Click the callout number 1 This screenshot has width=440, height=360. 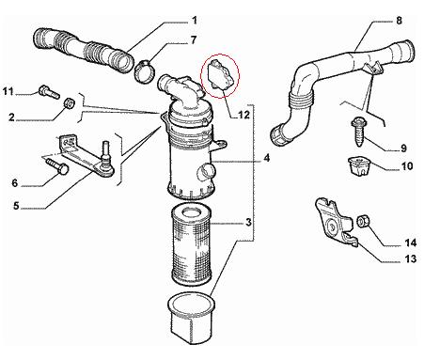coord(195,21)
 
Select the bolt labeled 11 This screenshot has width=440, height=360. coord(49,91)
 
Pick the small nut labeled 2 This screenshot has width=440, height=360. coord(69,102)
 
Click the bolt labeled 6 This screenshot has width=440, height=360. coord(58,166)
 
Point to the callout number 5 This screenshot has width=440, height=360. coord(16,206)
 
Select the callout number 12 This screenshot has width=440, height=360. coord(244,116)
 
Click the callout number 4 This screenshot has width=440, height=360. coord(266,158)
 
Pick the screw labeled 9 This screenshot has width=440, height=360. coord(358,132)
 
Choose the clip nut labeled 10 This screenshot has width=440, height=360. coord(359,166)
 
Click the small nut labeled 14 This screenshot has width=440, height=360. coord(363,221)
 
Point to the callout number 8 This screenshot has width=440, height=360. coord(399,21)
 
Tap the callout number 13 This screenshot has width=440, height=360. coord(410,259)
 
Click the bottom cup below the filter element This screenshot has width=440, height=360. coord(191,318)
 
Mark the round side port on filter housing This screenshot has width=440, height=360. coord(206,172)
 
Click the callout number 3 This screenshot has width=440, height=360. coord(248,223)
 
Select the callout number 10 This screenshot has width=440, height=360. coord(407,166)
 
